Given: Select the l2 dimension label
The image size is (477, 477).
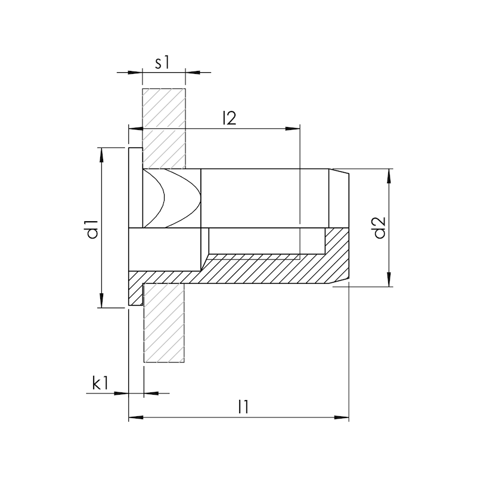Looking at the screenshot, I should [229, 118].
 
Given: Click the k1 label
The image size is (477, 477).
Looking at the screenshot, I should [100, 383].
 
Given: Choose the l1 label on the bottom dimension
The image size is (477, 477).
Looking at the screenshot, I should [243, 407].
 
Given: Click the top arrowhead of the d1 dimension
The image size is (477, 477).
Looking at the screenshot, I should [103, 153].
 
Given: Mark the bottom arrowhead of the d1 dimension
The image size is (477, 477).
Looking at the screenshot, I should [103, 302].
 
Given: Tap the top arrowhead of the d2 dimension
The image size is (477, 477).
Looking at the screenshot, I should [391, 175].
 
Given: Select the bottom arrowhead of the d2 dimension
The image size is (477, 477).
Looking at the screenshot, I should [391, 281].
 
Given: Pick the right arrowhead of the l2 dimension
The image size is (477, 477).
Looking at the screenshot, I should [293, 128].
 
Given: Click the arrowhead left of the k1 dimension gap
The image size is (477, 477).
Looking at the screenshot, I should [123, 392].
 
